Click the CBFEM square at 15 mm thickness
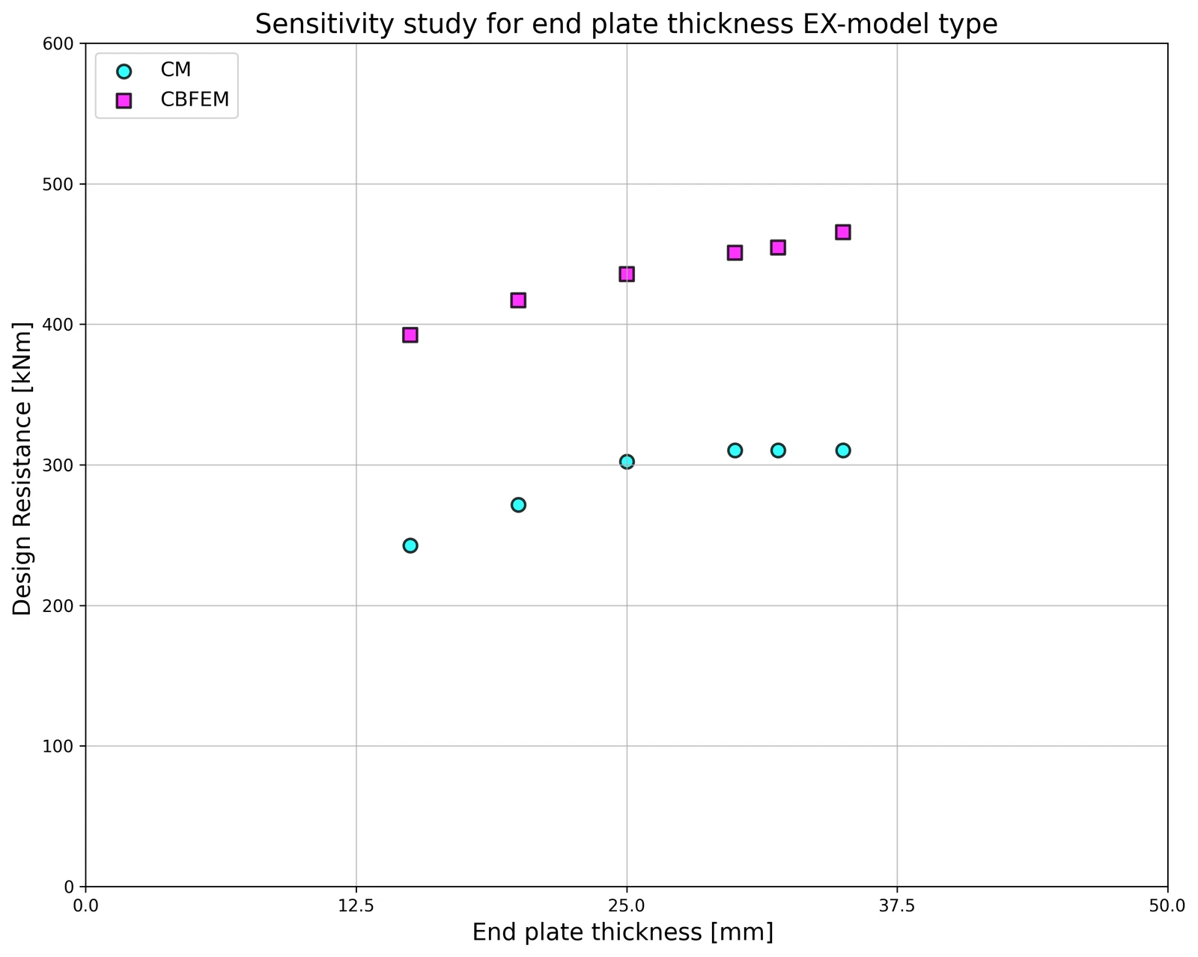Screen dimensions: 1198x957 [410, 335]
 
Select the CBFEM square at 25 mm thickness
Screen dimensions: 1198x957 [626, 274]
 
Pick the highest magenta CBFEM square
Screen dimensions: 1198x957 [843, 232]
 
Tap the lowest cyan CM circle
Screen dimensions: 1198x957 [410, 545]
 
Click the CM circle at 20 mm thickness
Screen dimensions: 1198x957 [518, 504]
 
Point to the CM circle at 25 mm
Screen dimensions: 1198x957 [626, 461]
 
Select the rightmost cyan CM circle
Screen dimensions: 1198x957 [843, 450]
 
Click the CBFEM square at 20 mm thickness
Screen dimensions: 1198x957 [518, 301]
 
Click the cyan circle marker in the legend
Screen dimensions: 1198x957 [124, 71]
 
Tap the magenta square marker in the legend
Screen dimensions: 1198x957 [124, 101]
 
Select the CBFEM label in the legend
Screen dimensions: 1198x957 [195, 99]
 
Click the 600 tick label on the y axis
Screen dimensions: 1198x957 [58, 43]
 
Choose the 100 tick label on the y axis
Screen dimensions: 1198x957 [58, 745]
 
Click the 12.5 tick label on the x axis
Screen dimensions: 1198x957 [356, 906]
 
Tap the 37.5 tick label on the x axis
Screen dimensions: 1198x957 [897, 906]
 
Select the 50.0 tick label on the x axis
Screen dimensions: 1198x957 [1167, 906]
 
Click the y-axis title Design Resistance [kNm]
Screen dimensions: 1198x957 [22, 468]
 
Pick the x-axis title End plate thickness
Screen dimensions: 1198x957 [588, 932]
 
